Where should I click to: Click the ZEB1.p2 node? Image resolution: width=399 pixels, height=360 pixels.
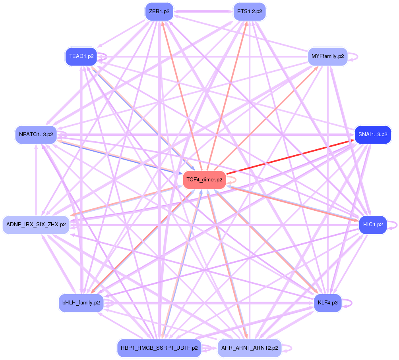(x=159, y=11)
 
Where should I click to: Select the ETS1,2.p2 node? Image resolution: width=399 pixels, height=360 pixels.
(x=250, y=11)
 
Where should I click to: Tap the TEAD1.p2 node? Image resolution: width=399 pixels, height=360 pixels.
(x=81, y=56)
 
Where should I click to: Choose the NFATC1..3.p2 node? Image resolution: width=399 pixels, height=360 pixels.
(x=36, y=135)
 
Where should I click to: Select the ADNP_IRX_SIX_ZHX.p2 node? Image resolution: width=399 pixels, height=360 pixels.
(x=36, y=225)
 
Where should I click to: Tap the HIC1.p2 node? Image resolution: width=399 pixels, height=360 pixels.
(x=373, y=225)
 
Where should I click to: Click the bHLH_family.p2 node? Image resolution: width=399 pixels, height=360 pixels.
(x=81, y=303)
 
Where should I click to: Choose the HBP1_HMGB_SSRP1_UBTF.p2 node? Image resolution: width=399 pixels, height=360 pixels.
(x=159, y=348)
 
